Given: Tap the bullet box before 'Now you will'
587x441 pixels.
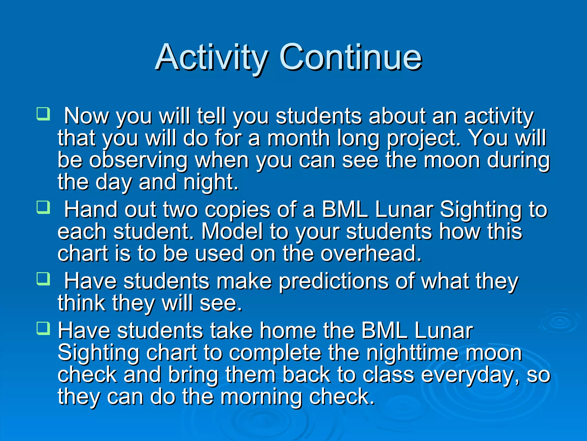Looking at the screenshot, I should tap(44, 114).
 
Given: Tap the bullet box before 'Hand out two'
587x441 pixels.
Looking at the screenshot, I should tap(44, 207).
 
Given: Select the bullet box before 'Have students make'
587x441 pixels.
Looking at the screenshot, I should tap(44, 279).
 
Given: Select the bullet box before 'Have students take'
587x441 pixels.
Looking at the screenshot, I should tap(44, 328).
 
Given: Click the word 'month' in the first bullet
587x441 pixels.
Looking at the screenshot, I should tap(298, 138).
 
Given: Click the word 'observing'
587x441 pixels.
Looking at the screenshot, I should tap(138, 161).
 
